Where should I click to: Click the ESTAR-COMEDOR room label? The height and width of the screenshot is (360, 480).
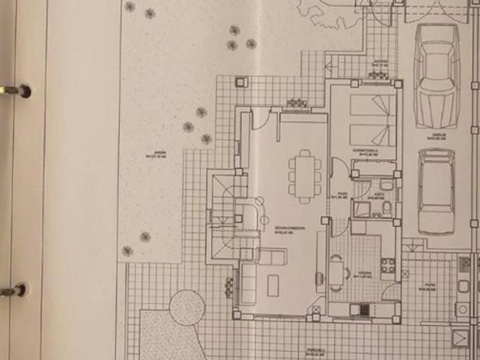(290, 230)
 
